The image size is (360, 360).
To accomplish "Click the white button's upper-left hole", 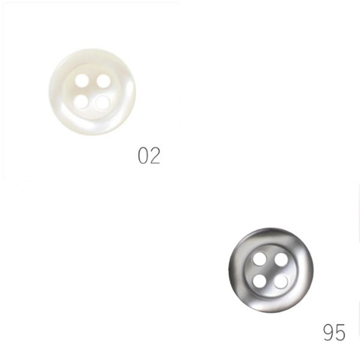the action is tap(82, 80).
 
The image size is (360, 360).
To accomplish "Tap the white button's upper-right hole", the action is tap(103, 81).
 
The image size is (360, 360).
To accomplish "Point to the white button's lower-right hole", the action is tap(103, 102).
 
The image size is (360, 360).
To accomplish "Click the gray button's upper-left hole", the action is tap(260, 260).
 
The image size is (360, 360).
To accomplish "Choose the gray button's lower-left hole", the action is tap(260, 281).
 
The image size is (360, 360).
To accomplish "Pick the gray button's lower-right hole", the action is tap(281, 281).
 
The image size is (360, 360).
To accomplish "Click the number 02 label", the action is tap(149, 155).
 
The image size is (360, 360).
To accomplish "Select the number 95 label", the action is tap(334, 332).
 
